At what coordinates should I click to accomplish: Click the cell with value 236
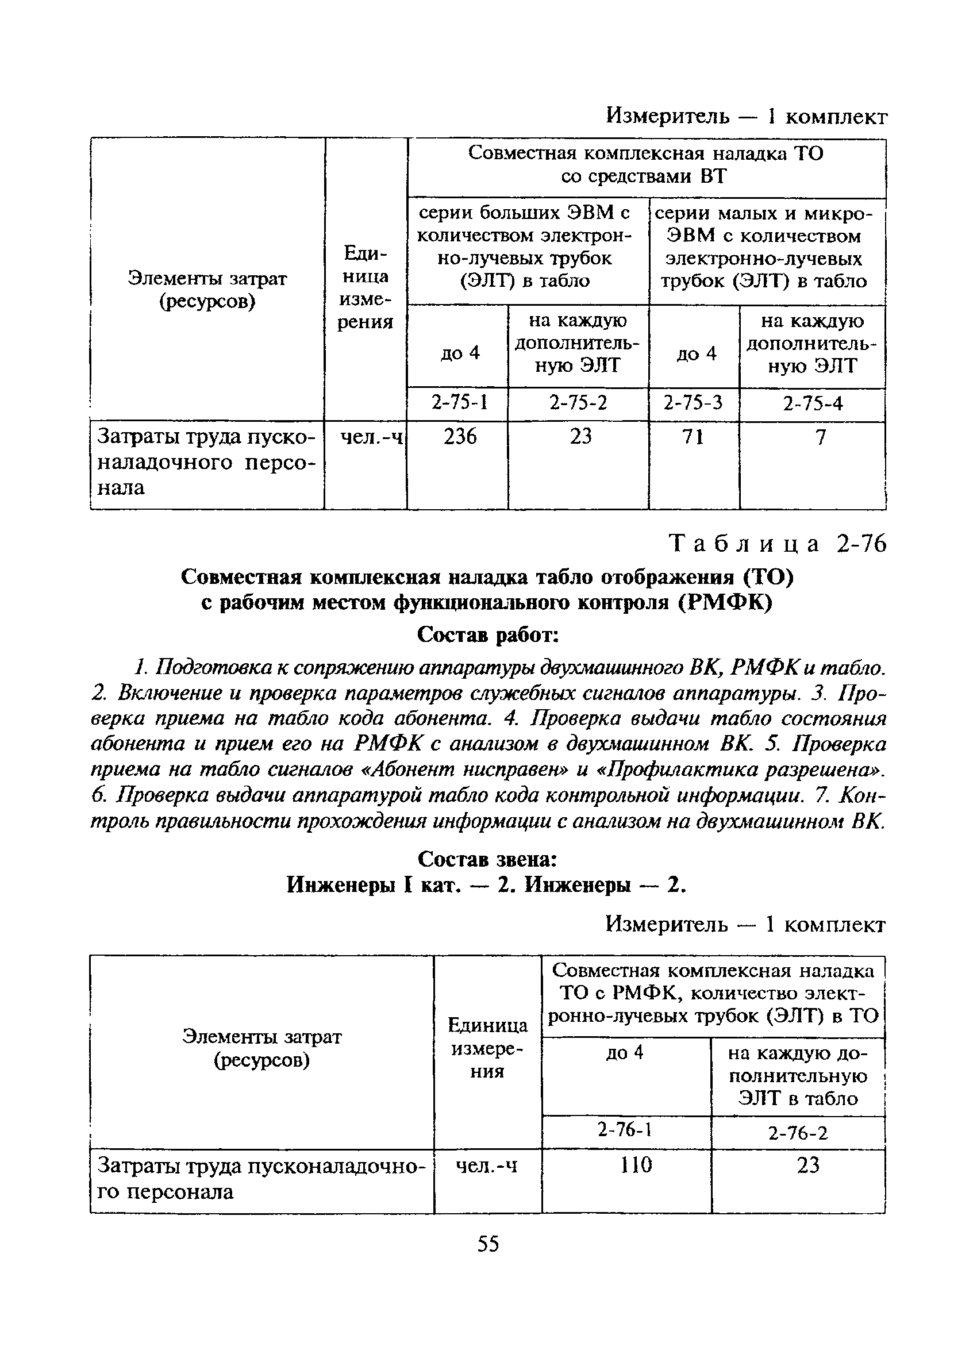(460, 437)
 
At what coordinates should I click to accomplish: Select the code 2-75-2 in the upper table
(578, 403)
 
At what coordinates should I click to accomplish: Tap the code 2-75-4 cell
(813, 404)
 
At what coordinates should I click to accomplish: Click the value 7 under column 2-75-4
(820, 438)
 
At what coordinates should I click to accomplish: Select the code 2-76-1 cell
(624, 1129)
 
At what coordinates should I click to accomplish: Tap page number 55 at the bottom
(488, 1244)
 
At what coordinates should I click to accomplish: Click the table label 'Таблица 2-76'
(777, 544)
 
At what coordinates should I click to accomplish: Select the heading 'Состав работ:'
(488, 634)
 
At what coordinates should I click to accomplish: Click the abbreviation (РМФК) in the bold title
(725, 602)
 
